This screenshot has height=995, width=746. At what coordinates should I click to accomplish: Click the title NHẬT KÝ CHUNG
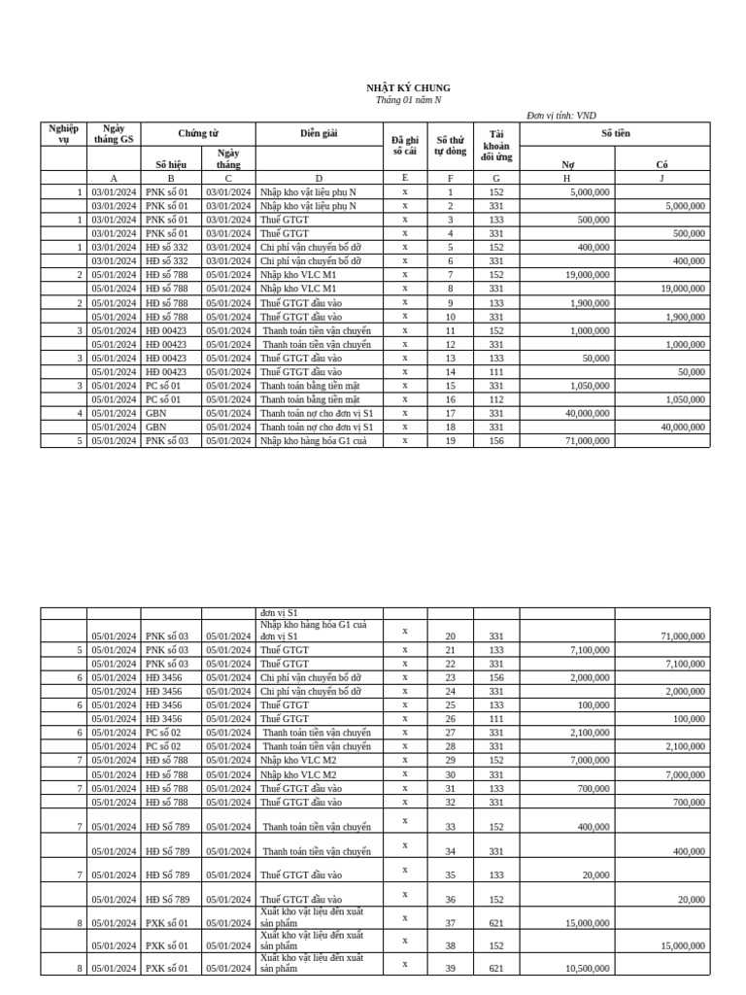(408, 88)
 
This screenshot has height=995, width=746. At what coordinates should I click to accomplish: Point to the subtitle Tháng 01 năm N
(408, 100)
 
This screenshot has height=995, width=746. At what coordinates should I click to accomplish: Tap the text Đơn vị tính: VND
(561, 116)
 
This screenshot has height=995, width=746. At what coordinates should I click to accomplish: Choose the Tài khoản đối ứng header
(496, 145)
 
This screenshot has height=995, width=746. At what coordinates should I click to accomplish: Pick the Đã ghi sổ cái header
(405, 146)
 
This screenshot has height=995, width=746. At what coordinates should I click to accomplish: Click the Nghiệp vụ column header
(63, 134)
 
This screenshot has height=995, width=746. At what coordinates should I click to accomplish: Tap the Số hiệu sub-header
(171, 165)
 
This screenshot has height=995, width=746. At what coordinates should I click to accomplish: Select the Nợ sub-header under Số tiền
(568, 165)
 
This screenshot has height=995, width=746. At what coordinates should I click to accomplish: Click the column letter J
(662, 179)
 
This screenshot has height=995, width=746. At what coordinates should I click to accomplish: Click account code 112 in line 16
(496, 399)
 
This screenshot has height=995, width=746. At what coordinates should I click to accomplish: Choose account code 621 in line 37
(496, 923)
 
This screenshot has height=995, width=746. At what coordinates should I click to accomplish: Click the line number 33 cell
(450, 827)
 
